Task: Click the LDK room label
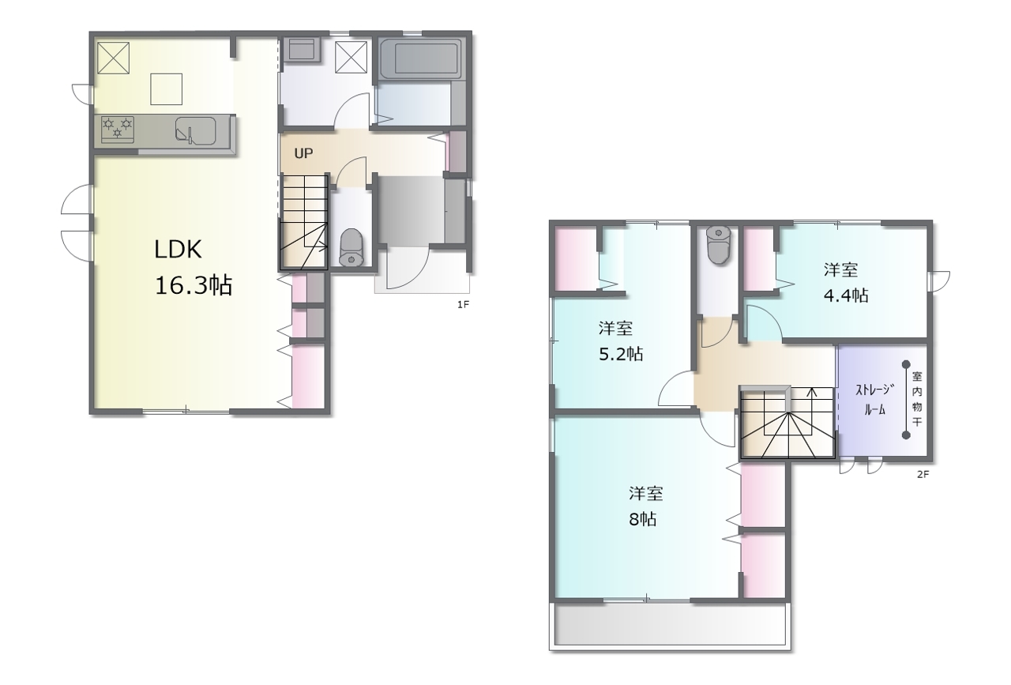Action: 178,250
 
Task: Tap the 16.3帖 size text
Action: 194,285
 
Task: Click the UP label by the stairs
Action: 303,153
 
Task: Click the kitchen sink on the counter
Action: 195,131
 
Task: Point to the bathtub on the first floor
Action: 420,59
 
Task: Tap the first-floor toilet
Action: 351,247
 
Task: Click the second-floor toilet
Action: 719,245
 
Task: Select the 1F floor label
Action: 463,305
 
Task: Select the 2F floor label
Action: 923,475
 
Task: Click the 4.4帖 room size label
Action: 846,295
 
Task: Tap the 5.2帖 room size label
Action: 621,354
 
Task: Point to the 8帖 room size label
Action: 643,519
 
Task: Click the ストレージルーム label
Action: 874,400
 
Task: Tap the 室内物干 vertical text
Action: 917,399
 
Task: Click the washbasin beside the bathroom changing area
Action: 304,49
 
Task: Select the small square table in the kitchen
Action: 166,89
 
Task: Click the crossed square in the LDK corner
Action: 113,58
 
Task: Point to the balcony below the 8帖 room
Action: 670,626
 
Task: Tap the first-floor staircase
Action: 304,223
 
